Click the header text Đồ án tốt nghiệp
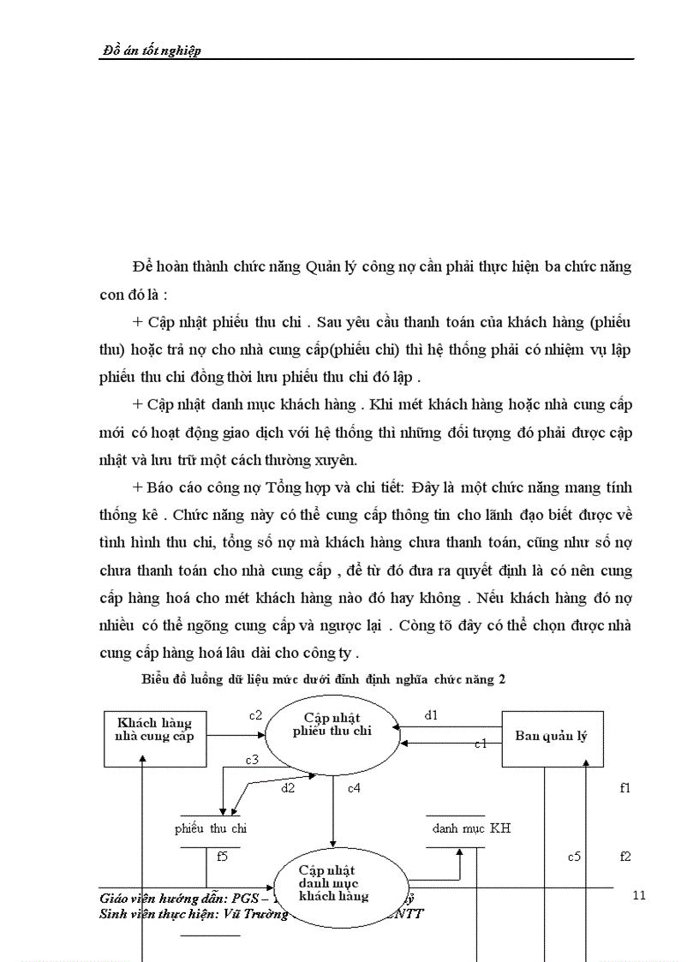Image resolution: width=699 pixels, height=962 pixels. (x=151, y=51)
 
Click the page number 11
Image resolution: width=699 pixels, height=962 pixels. (x=637, y=896)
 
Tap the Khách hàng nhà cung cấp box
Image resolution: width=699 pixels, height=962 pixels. (x=155, y=729)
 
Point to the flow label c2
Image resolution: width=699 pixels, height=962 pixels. (x=254, y=715)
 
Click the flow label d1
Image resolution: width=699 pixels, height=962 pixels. (x=432, y=714)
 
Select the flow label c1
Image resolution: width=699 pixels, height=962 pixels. (x=481, y=744)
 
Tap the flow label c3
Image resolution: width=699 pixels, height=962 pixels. (x=252, y=759)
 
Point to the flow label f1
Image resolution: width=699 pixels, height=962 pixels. (x=624, y=787)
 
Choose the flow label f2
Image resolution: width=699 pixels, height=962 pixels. (x=625, y=856)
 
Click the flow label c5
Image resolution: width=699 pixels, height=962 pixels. (x=575, y=856)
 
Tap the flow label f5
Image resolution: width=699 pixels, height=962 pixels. (x=222, y=855)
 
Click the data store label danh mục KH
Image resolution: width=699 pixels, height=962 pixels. (x=471, y=828)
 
